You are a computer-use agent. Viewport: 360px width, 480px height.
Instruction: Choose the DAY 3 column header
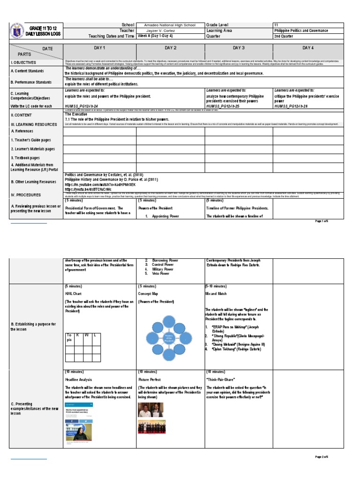coord(239,48)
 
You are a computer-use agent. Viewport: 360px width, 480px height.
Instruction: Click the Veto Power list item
coord(162,273)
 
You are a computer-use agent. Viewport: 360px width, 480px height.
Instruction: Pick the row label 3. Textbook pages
coord(26,158)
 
